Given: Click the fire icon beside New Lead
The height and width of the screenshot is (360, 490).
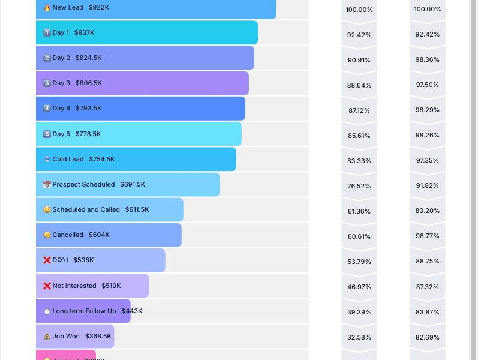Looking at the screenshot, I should coord(47,8).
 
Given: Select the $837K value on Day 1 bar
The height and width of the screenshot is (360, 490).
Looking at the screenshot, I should coord(84,33).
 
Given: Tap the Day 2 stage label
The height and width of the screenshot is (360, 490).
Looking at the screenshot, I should coord(61,58).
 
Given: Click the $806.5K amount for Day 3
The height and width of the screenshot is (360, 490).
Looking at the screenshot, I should coord(89,83).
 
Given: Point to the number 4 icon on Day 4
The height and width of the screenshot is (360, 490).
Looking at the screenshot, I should coord(47,109).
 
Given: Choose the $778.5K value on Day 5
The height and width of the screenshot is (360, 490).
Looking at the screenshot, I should coord(88,134).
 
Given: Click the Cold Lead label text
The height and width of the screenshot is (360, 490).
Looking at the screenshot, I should coord(68,160).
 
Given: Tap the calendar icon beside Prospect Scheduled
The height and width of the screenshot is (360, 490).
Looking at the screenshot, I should coord(47,185).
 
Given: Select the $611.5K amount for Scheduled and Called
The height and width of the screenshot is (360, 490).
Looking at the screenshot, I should coord(137,210).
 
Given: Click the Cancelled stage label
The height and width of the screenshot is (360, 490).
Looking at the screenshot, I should coord(68,235).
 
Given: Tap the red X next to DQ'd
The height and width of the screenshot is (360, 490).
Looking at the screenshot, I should coord(47,260).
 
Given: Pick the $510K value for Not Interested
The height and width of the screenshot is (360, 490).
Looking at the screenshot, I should coord(111,286).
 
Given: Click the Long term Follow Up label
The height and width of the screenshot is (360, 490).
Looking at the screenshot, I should coord(84,311).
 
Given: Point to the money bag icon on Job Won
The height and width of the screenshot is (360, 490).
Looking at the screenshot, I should coord(47,337).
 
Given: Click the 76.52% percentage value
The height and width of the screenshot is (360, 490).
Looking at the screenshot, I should coord(359,186).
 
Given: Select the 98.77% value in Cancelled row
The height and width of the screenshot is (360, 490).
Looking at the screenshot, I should coord(428,236).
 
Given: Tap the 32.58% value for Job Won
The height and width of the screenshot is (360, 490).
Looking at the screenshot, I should coord(359,338).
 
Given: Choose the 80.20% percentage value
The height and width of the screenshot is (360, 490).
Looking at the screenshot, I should coord(428,211).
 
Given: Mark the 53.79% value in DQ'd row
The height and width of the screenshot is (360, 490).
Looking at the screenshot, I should coord(359,262).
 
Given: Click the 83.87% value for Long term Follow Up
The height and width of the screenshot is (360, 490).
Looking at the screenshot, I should coord(428,313).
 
